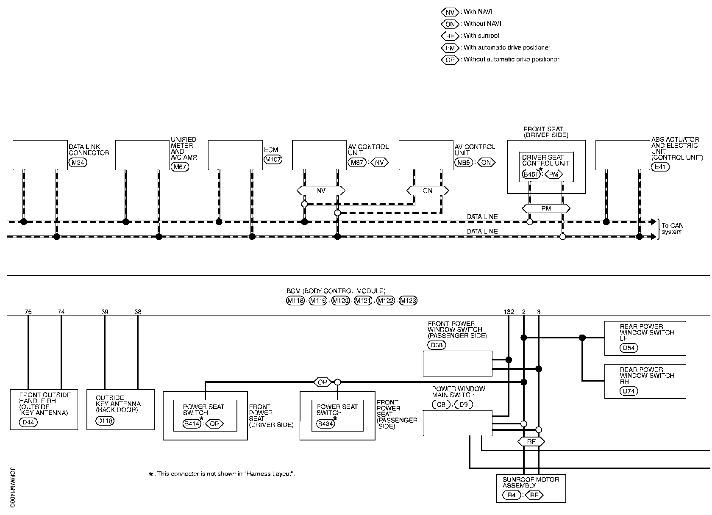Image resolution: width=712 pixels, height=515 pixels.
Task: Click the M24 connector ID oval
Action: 78,163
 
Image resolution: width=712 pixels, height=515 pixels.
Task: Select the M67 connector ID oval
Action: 180,167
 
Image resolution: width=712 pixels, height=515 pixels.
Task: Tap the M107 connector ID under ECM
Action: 273,159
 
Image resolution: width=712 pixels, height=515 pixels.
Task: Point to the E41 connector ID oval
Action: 660,167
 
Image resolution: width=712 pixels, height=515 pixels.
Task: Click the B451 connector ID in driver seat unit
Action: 531,174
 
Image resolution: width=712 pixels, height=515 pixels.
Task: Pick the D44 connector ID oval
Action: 28,422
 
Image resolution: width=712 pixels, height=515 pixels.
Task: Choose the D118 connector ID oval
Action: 105,421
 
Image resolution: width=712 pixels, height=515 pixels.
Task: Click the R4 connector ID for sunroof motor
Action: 512,495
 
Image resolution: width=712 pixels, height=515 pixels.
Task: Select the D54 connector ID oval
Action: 629,348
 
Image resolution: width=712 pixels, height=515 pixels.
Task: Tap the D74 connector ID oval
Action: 629,391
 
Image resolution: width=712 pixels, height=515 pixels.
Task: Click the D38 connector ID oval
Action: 437,345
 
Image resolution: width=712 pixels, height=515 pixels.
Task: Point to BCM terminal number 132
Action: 509,312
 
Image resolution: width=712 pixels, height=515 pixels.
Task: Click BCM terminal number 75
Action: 28,312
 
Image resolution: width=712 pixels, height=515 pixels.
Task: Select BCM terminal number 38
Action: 138,312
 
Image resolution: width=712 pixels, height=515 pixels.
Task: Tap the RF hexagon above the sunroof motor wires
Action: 531,442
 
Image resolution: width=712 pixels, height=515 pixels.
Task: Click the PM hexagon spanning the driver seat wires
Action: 546,208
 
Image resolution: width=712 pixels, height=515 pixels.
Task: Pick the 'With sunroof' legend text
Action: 481,36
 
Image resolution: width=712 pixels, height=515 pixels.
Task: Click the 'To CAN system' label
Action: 672,228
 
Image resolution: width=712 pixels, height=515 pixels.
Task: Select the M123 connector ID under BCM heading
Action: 408,301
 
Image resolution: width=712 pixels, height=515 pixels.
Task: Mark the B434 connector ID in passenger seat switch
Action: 325,424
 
